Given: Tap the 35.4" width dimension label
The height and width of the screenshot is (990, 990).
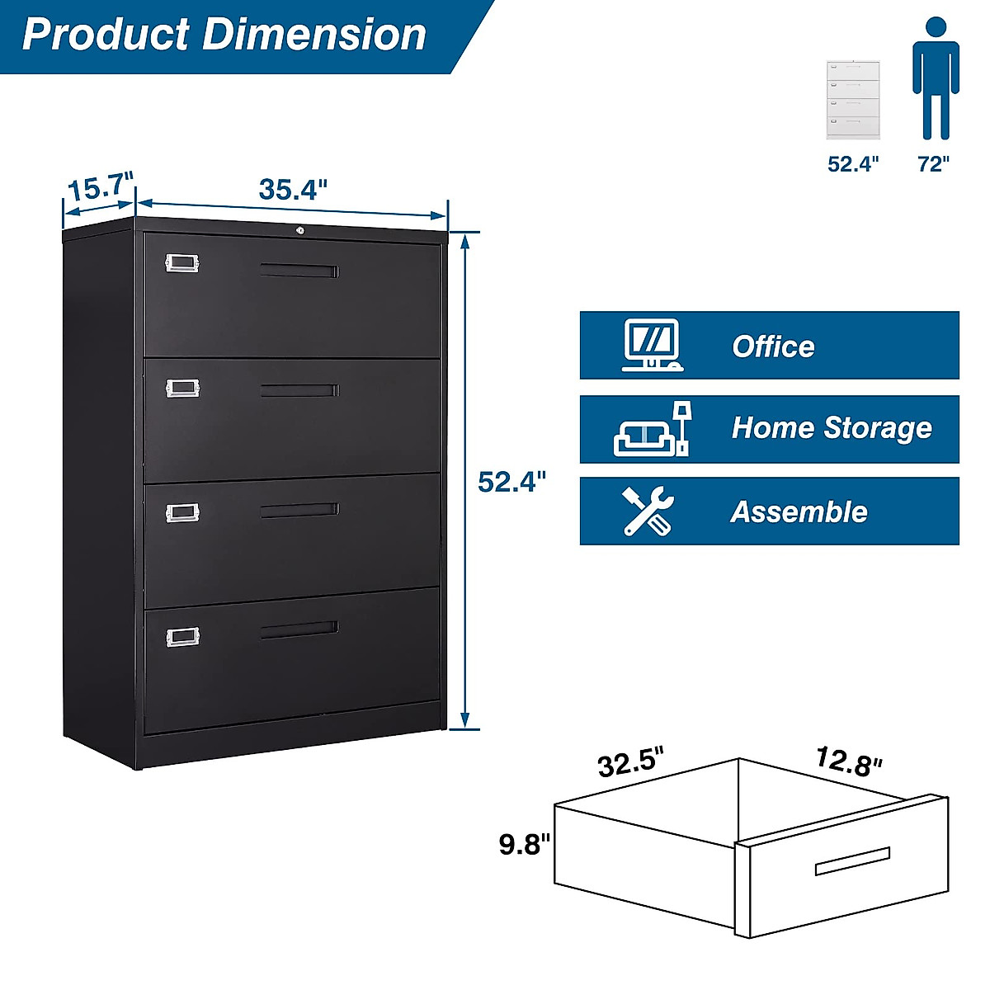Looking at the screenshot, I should coord(293,190).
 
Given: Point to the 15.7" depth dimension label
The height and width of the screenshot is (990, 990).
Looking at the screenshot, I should coord(99,188).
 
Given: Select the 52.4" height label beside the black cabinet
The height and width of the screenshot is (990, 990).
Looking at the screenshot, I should coord(512,482).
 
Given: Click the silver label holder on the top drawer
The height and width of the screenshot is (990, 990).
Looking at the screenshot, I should coord(181,262).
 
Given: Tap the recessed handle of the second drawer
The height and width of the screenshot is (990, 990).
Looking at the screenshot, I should coord(299,390).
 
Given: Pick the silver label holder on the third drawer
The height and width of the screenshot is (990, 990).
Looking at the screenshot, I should coord(181,513).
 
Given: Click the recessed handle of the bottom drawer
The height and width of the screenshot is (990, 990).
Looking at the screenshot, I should coord(299,629).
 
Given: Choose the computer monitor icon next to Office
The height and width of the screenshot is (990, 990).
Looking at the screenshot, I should coord(651,345).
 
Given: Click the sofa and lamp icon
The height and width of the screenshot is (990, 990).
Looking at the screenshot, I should coord(652,430).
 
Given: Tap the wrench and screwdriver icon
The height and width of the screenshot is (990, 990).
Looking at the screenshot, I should coord(648,511).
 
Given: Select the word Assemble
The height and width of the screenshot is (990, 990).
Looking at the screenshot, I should coord(799,512).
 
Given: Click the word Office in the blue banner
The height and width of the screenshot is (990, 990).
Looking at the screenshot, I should coord(773,346).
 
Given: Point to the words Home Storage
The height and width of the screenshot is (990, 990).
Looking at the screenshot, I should coord(832,428).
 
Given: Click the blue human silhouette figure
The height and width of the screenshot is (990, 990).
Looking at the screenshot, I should coord(935,79).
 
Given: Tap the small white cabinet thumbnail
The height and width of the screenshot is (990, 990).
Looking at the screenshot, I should coord(854,99).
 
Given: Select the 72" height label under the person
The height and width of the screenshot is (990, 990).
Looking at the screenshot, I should coord(933,164).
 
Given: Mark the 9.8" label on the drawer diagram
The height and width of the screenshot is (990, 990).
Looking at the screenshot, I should coord(525,845).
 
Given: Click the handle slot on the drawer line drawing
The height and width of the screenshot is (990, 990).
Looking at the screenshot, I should coord(852,861).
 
